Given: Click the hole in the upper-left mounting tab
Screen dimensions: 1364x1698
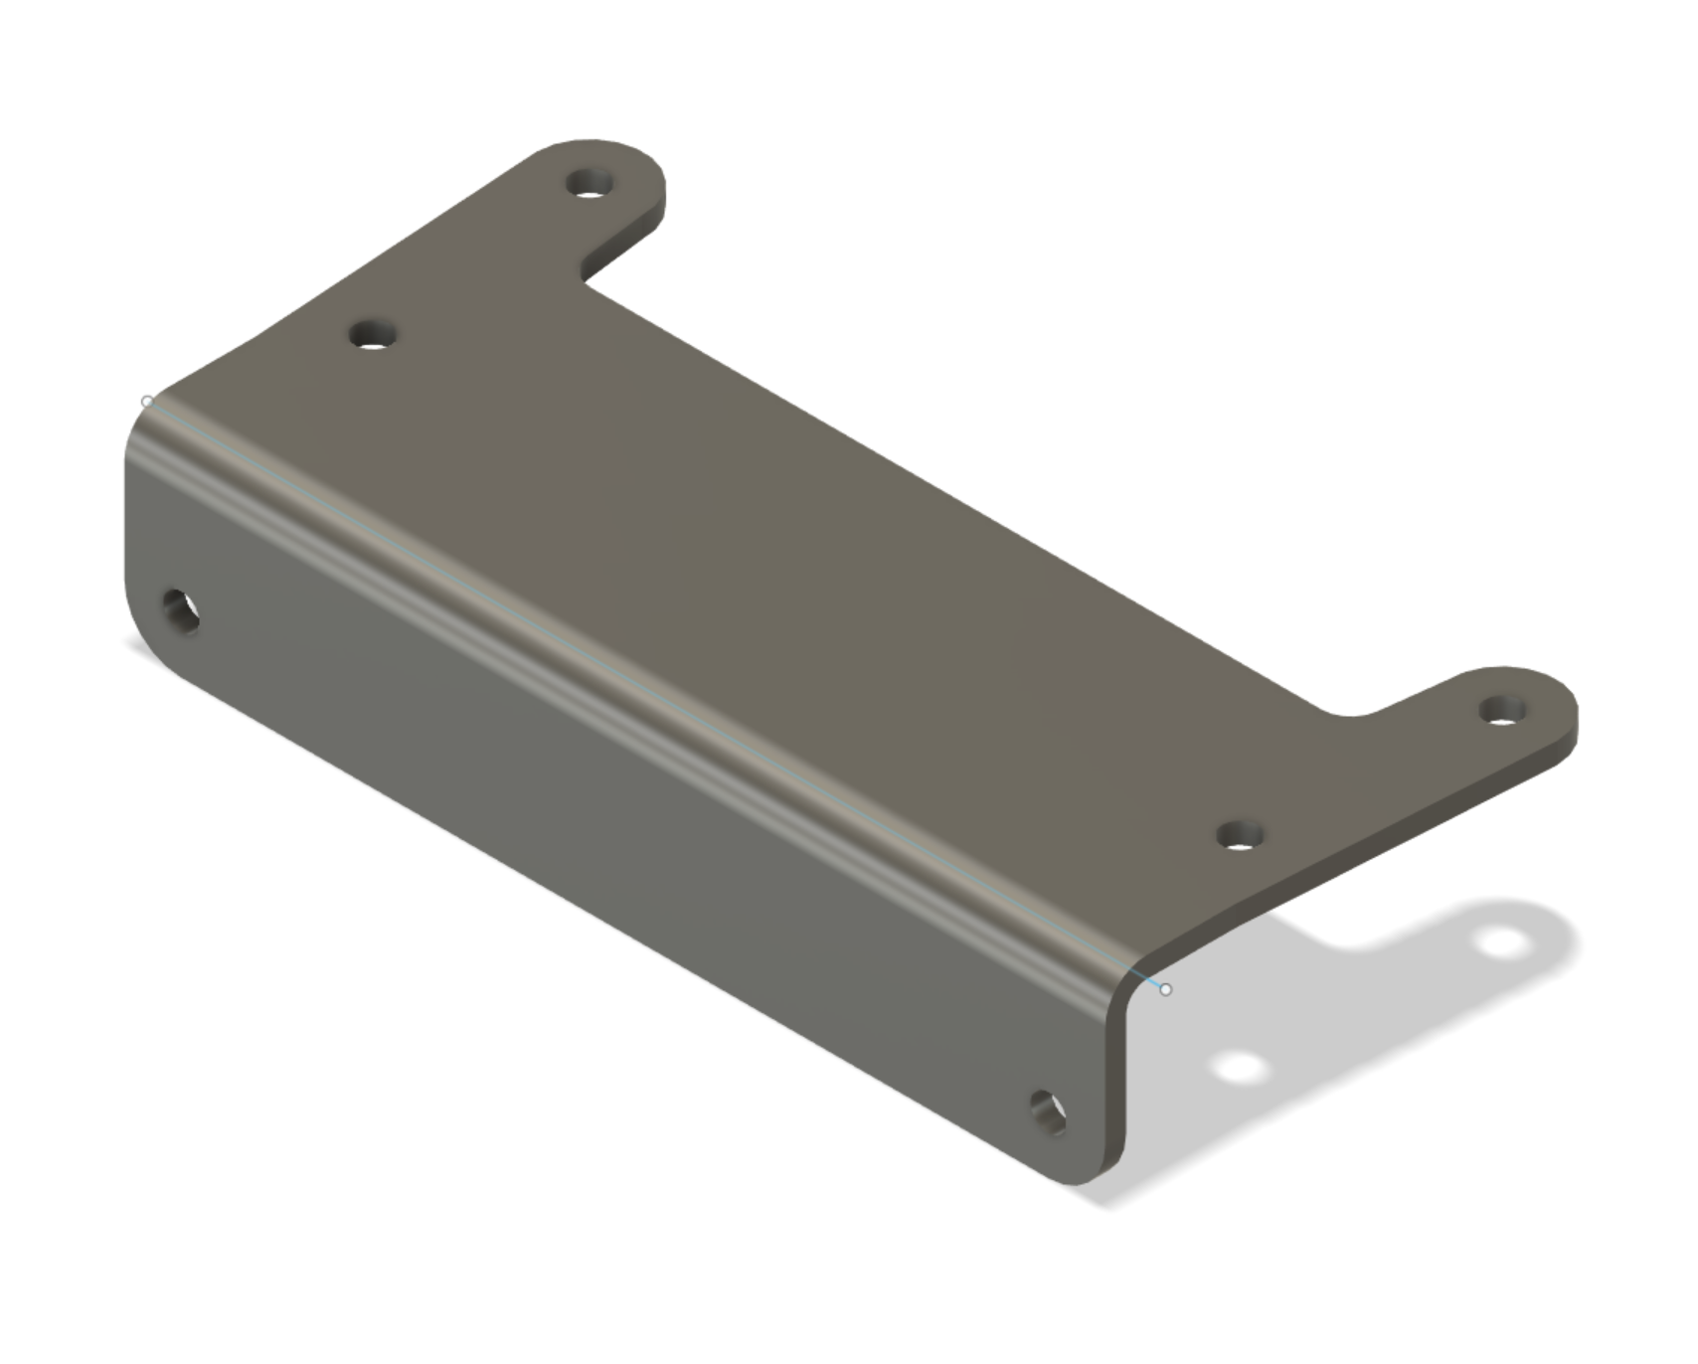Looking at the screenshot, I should click(x=591, y=183).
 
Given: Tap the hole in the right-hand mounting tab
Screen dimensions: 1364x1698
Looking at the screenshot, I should click(x=1502, y=710).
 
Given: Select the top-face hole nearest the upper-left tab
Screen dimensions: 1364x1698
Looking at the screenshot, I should click(x=374, y=334).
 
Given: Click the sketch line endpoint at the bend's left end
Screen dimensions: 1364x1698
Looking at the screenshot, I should click(x=148, y=402).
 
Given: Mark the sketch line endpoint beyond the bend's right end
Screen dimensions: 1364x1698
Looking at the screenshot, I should click(x=1166, y=989).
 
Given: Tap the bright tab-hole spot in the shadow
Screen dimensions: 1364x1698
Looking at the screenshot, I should click(x=1503, y=940).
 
